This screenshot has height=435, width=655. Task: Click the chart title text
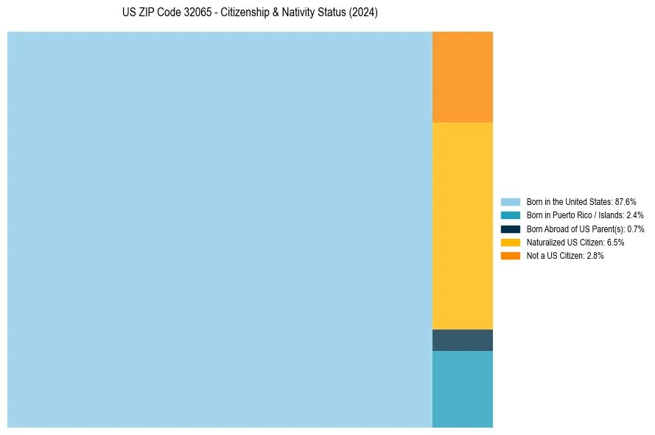pyautogui.click(x=250, y=13)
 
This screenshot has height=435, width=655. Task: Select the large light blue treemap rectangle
pyautogui.click(x=220, y=229)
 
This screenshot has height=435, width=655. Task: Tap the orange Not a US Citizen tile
pyautogui.click(x=462, y=77)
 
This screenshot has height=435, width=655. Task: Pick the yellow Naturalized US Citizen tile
pyautogui.click(x=462, y=226)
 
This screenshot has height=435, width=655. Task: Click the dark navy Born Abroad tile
pyautogui.click(x=462, y=340)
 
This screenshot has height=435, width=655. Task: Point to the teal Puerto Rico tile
pyautogui.click(x=462, y=389)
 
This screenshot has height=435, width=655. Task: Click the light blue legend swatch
pyautogui.click(x=511, y=201)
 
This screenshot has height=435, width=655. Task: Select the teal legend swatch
pyautogui.click(x=511, y=215)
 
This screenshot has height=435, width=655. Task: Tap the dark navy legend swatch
pyautogui.click(x=511, y=229)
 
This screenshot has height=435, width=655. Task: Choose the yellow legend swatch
pyautogui.click(x=511, y=242)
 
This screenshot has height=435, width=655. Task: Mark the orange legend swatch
pyautogui.click(x=511, y=256)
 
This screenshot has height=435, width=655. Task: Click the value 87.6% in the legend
pyautogui.click(x=625, y=201)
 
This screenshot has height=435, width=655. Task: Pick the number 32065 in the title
pyautogui.click(x=198, y=13)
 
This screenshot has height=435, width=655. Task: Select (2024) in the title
pyautogui.click(x=363, y=13)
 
